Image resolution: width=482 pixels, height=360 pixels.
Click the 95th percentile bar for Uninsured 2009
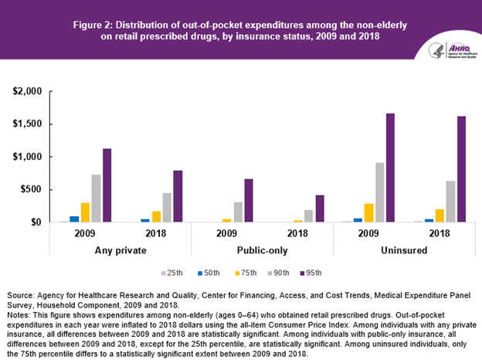click(391, 168)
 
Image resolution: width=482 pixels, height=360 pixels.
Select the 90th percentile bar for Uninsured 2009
click(380, 192)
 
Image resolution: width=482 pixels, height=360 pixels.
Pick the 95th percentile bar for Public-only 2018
click(321, 209)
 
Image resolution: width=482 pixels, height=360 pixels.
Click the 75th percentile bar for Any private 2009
click(85, 212)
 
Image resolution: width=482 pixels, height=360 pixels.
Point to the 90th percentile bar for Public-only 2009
click(239, 212)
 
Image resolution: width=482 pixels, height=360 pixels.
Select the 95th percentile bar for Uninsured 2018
click(462, 169)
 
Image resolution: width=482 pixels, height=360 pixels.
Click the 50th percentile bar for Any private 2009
click(74, 219)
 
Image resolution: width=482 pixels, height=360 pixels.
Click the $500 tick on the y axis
click(31, 189)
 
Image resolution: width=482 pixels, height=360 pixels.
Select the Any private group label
click(120, 250)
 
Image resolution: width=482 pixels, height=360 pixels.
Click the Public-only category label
click(263, 250)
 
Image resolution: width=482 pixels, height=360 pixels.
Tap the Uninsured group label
click(405, 250)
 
